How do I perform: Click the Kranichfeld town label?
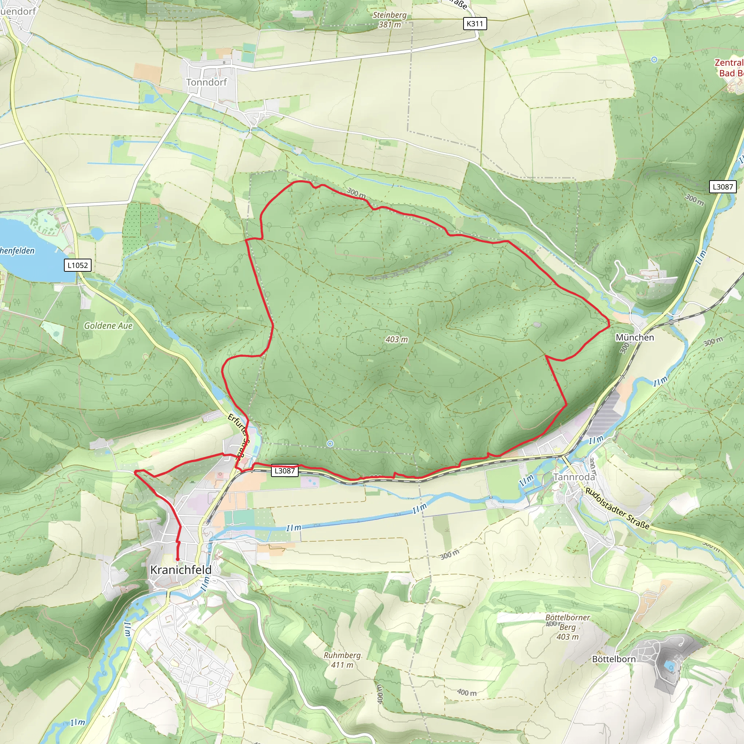pyautogui.click(x=181, y=570)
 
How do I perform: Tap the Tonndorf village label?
pyautogui.click(x=206, y=82)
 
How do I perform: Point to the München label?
pyautogui.click(x=635, y=338)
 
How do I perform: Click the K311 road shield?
pyautogui.click(x=474, y=24)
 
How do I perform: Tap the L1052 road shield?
pyautogui.click(x=77, y=265)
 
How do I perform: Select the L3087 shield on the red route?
pyautogui.click(x=284, y=470)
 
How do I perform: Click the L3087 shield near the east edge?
pyautogui.click(x=723, y=187)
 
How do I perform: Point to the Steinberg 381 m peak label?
pyautogui.click(x=389, y=20)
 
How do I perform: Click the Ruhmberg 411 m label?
pyautogui.click(x=342, y=660)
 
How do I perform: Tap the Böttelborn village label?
pyautogui.click(x=614, y=659)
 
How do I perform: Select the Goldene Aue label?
pyautogui.click(x=108, y=326)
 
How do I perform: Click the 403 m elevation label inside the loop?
pyautogui.click(x=396, y=340)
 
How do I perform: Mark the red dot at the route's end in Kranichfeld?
pyautogui.click(x=178, y=559)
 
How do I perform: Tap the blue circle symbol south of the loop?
pyautogui.click(x=330, y=444)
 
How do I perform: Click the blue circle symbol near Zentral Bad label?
pyautogui.click(x=654, y=60)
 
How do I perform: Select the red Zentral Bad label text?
pyautogui.click(x=729, y=68)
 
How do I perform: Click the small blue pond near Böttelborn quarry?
pyautogui.click(x=670, y=666)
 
